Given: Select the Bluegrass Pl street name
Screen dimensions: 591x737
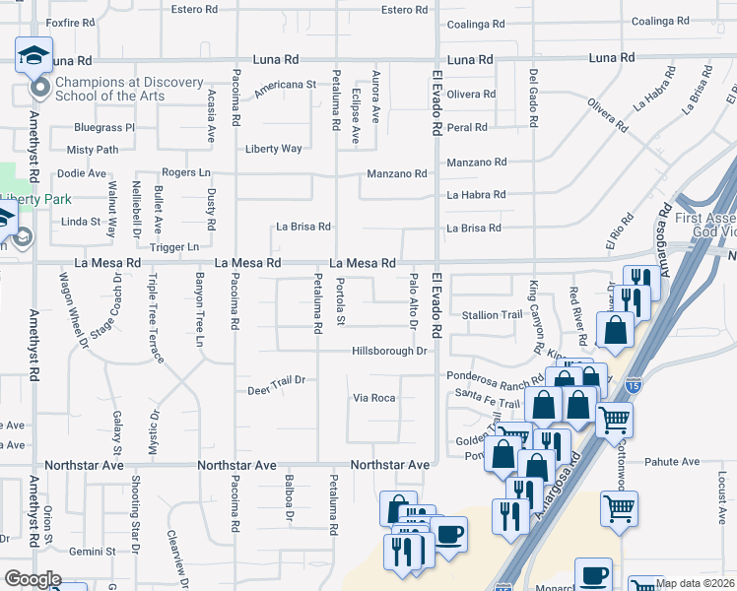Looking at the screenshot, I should tap(103, 127).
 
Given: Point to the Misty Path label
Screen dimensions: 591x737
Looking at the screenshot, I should tap(92, 150).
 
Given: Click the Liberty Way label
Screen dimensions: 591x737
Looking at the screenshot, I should tap(273, 149).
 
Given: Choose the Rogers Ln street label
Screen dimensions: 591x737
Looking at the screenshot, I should tap(186, 172).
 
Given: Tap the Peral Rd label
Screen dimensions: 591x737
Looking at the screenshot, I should tap(467, 127).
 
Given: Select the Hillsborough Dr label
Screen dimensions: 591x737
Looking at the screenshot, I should tap(389, 351).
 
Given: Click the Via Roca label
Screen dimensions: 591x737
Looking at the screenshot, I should tap(374, 398).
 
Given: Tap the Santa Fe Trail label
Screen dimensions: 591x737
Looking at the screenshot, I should tap(488, 404).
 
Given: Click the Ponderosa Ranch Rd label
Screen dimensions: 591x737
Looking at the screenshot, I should tap(496, 377).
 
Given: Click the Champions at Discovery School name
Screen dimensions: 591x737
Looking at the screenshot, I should tap(115, 89).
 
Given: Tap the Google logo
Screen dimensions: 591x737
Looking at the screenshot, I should tap(33, 579).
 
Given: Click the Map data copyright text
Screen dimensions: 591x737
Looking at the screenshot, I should tap(695, 583).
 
